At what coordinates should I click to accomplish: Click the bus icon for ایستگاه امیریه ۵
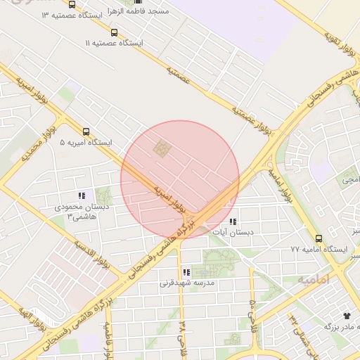click(86, 131)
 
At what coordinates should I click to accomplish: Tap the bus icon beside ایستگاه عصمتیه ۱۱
click(115, 32)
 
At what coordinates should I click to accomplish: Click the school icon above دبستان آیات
click(233, 221)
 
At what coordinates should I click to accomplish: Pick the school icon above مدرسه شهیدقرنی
click(186, 272)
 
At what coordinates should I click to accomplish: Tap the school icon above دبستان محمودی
click(82, 196)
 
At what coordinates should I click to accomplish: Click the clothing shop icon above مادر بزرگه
click(346, 316)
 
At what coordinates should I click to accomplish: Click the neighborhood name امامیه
click(313, 279)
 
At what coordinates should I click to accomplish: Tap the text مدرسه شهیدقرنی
click(187, 283)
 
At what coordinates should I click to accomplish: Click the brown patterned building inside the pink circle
click(163, 148)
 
